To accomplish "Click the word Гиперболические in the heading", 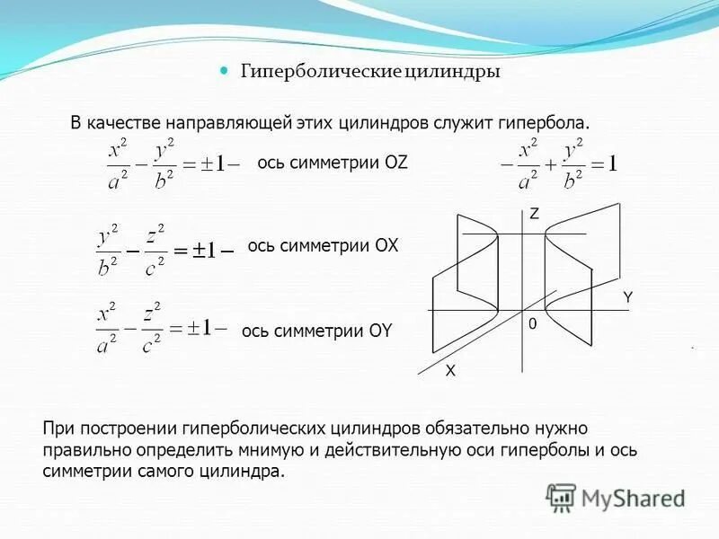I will click(319, 73).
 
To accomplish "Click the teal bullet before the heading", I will click(226, 71).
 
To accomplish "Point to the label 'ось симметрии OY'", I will click(317, 331).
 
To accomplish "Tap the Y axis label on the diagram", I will click(628, 296).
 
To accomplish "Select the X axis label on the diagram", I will click(450, 369).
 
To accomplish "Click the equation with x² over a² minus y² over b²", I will click(168, 163).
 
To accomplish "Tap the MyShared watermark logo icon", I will click(561, 497).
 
